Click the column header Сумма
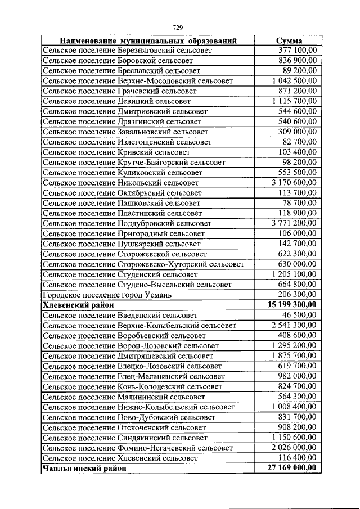point(290,41)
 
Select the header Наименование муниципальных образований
point(148,41)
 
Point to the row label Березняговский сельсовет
point(127,50)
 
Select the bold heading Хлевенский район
point(78,304)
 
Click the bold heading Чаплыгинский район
point(82,467)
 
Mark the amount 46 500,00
point(299,314)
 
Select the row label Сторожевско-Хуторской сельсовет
point(143,264)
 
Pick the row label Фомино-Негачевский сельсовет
point(138,448)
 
